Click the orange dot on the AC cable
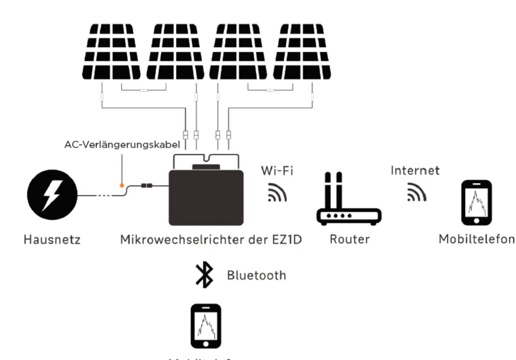pos(122,185)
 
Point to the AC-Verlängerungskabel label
pos(122,144)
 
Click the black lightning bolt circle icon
pos(52,195)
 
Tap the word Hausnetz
pos(51,241)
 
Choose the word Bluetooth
pos(256,275)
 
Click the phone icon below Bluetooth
pos(205,325)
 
